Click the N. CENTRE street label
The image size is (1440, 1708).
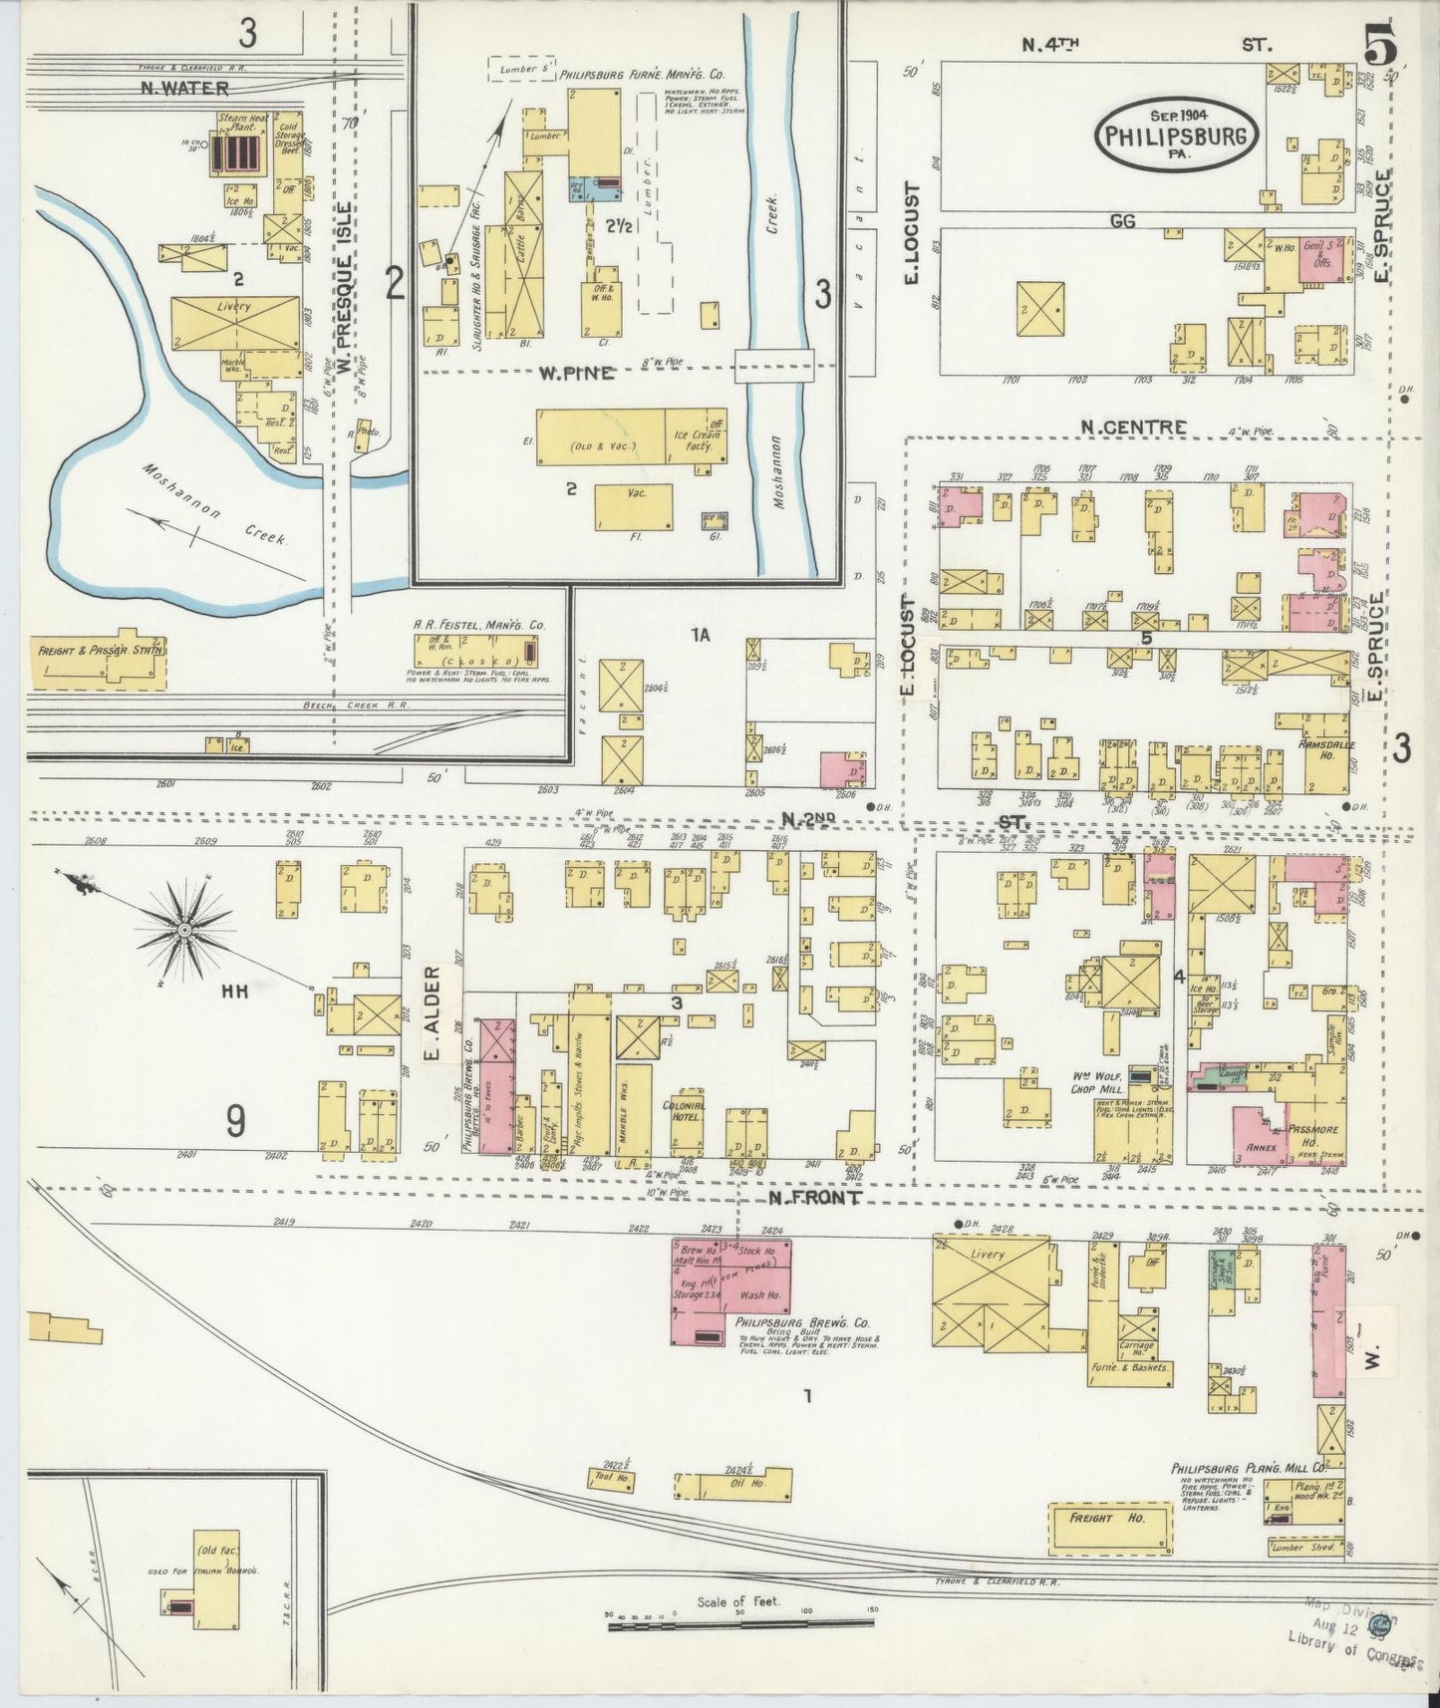point(1134,427)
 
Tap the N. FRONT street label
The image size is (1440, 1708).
point(814,1198)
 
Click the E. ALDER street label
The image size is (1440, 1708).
point(432,1014)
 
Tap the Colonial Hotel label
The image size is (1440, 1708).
point(684,1111)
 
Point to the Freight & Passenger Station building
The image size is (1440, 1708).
point(101,653)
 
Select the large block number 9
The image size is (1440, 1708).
point(234,1122)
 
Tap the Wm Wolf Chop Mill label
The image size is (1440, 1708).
point(1096,1083)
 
